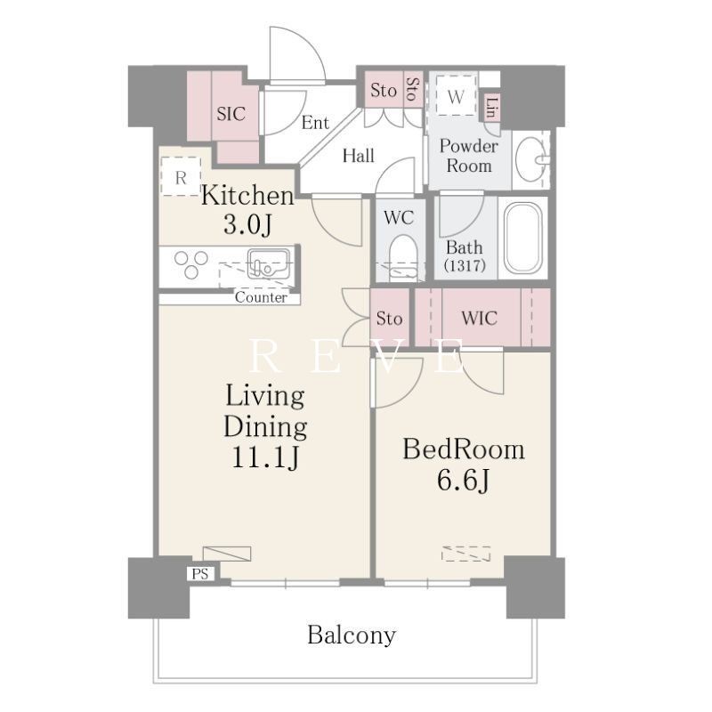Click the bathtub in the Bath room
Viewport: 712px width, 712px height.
coord(523,239)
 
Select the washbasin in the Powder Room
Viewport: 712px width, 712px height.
coord(531,160)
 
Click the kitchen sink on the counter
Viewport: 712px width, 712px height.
coord(269,263)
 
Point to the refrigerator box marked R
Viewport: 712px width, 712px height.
coord(182,176)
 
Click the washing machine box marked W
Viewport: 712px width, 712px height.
coord(456,96)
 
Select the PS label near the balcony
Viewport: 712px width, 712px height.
coord(200,574)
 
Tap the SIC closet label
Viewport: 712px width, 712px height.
coord(231,114)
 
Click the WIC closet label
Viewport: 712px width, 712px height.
coord(480,319)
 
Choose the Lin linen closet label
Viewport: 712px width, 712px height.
coord(491,107)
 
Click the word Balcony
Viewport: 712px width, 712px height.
coord(352,635)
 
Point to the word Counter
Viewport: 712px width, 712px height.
coord(261,297)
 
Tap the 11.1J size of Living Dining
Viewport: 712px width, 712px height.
coord(265,457)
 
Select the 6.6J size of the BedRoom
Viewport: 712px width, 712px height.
coord(463,480)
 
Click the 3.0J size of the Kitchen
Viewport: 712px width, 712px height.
coord(248,224)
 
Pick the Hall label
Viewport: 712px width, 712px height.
coord(359,156)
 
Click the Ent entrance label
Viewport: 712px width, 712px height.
coord(316,123)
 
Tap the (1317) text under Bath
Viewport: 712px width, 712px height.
coord(465,265)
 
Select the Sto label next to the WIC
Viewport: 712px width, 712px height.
coord(390,319)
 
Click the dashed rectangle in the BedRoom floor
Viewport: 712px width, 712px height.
coord(465,554)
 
